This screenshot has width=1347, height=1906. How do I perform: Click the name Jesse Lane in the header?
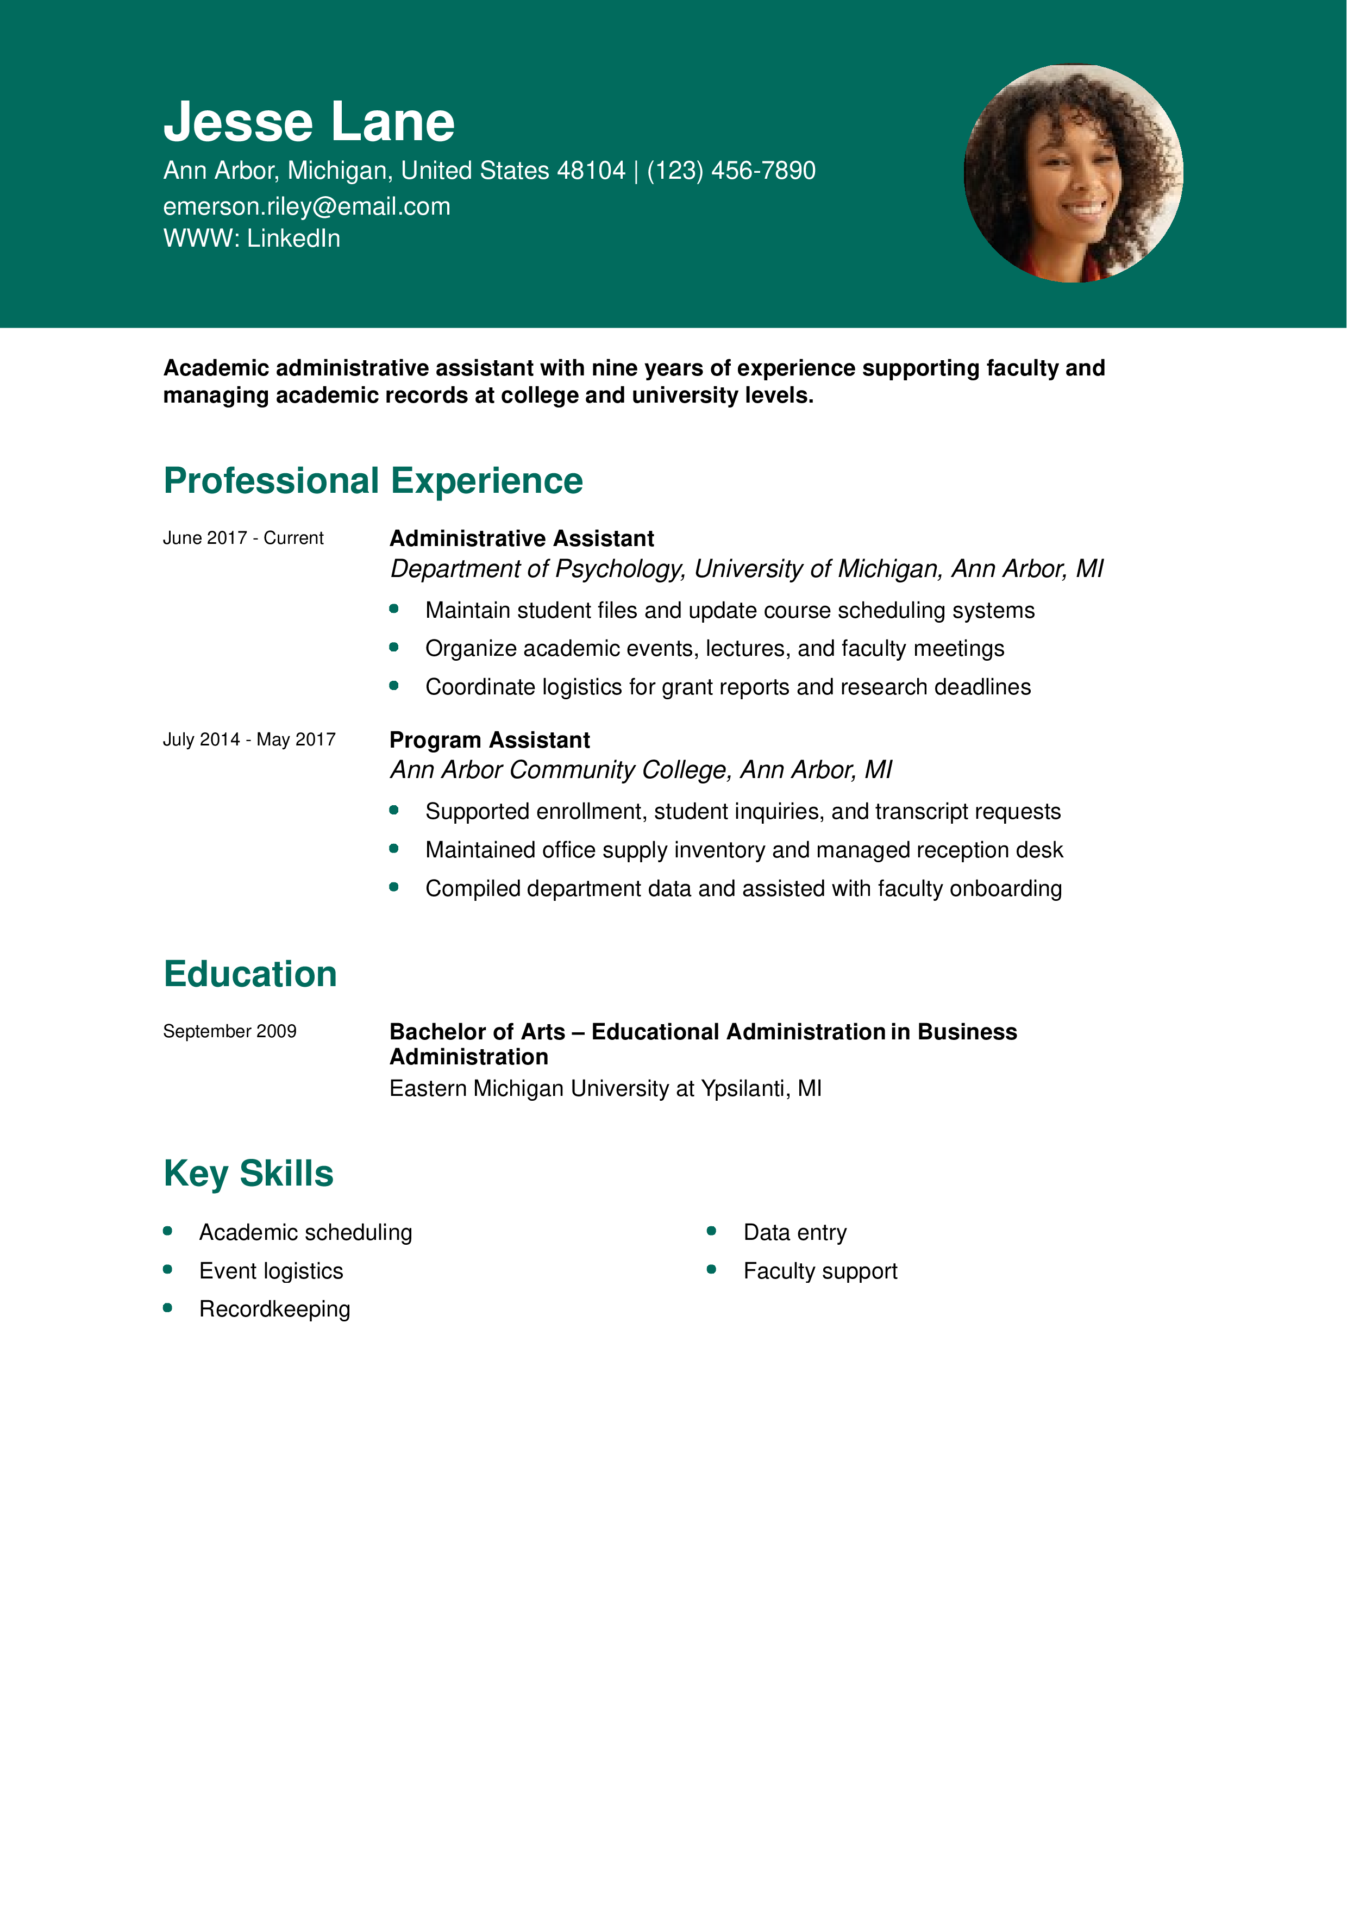point(309,122)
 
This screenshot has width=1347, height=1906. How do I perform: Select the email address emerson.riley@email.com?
point(306,206)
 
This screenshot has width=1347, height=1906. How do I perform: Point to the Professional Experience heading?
point(373,481)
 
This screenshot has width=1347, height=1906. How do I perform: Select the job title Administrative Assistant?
point(521,539)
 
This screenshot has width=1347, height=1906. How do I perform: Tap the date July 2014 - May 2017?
point(249,739)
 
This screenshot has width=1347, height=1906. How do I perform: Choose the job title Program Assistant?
point(489,741)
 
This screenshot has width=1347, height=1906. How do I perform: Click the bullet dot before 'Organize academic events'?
point(394,648)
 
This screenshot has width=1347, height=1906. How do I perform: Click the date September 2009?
point(229,1031)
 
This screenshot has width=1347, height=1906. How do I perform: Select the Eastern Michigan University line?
point(605,1088)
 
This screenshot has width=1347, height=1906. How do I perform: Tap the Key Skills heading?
point(248,1174)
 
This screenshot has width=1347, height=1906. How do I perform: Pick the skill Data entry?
point(794,1233)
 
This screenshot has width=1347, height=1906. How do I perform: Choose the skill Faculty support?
point(820,1271)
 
